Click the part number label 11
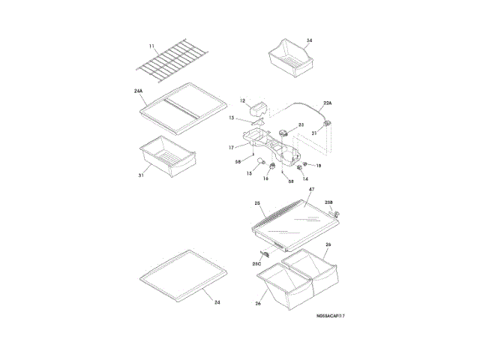tap(151, 46)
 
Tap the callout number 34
tap(309, 40)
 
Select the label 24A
tap(139, 91)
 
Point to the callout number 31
tap(140, 175)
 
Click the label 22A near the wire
tap(327, 103)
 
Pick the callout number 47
tap(310, 191)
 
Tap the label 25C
tap(256, 264)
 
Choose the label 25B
tap(328, 203)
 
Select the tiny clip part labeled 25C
tap(265, 254)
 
